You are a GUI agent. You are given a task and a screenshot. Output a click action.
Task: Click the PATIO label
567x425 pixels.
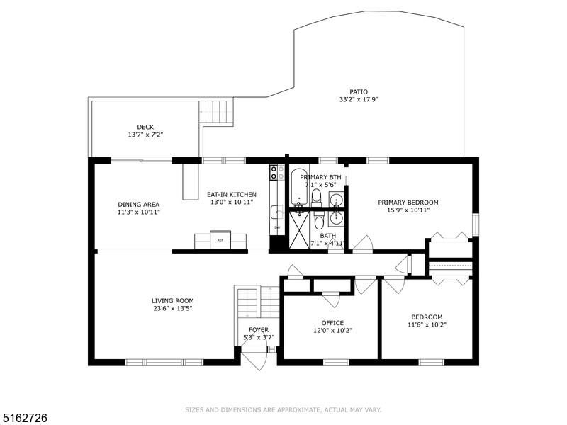click(358, 91)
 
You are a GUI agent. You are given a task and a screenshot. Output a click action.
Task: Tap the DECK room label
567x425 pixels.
click(145, 127)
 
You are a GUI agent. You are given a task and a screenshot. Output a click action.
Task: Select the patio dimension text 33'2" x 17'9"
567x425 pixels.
click(358, 100)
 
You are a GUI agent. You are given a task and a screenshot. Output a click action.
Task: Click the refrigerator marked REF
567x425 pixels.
click(220, 240)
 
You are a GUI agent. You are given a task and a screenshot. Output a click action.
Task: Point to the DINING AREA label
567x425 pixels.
click(138, 204)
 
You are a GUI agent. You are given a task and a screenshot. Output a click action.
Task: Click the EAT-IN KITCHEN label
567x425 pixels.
click(231, 194)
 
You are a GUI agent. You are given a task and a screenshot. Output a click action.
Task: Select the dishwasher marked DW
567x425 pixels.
click(277, 227)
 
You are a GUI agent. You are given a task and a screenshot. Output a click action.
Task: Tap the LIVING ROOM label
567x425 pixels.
click(172, 300)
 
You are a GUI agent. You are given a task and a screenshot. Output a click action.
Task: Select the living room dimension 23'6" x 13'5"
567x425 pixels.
click(172, 308)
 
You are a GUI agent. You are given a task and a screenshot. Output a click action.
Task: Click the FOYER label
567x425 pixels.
click(259, 330)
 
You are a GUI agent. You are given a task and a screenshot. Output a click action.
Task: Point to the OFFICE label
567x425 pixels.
click(332, 323)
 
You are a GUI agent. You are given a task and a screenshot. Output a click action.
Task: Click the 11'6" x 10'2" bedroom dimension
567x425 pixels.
click(427, 325)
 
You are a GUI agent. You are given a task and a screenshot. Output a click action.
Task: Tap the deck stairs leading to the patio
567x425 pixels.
click(217, 113)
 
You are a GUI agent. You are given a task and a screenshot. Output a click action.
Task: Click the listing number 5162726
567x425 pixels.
click(25, 418)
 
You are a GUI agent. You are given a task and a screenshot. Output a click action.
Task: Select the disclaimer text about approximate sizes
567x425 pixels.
click(283, 409)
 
